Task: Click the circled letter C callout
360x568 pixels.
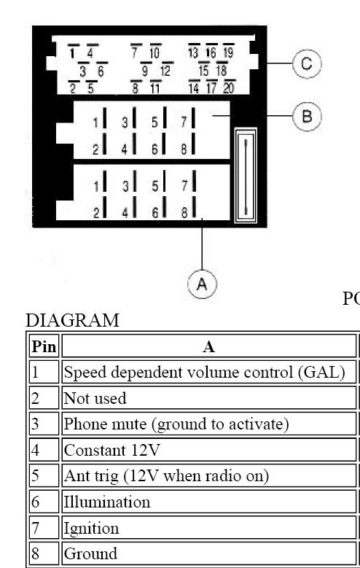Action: pos(306,63)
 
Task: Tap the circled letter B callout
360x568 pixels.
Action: pos(306,117)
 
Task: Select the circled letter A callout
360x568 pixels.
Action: pos(202,284)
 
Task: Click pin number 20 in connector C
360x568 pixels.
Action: pos(229,87)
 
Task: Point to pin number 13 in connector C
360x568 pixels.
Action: pos(193,53)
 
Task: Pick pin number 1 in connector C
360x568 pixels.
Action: pos(72,53)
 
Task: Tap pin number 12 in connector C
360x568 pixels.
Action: pos(165,71)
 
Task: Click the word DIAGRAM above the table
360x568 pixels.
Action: pos(72,320)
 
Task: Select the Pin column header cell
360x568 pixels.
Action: pos(44,346)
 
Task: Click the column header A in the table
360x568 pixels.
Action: pos(209,346)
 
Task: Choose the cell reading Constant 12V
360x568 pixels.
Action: pos(209,450)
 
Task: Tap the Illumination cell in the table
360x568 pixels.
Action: pos(209,502)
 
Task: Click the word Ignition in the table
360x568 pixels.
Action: pos(91,529)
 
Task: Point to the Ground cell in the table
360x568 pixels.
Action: pos(209,553)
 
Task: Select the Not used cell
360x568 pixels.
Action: pos(209,398)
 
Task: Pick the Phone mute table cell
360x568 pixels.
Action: pos(209,424)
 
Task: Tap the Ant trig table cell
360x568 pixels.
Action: pos(209,475)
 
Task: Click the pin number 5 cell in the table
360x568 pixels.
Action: pos(44,475)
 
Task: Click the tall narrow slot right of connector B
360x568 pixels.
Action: pos(246,176)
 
